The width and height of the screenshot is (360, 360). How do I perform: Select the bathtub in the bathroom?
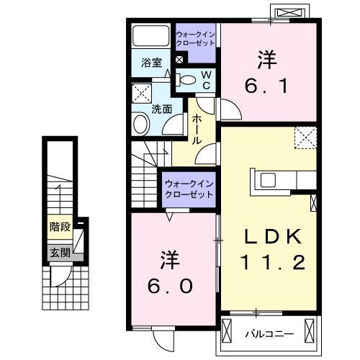pyautogui.click(x=150, y=35)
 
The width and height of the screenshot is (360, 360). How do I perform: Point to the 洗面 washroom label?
pyautogui.click(x=161, y=109)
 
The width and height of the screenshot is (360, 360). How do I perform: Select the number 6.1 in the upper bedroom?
pyautogui.click(x=269, y=76)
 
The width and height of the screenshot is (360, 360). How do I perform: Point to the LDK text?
pyautogui.click(x=270, y=235)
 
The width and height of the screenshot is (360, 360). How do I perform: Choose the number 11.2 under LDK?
pyautogui.click(x=270, y=265)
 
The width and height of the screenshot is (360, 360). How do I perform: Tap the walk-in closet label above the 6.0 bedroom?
pyautogui.click(x=189, y=189)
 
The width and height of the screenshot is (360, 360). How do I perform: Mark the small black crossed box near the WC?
pyautogui.click(x=179, y=60)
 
